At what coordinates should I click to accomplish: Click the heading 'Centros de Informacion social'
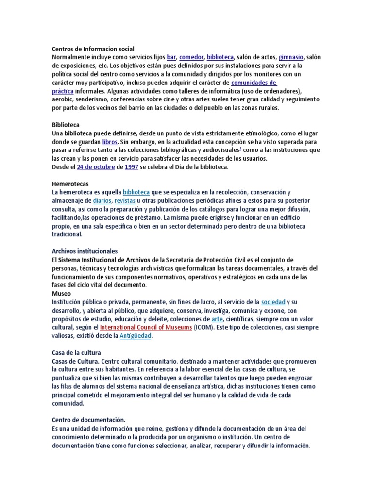click(x=93, y=49)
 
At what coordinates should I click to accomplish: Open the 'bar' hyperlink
click(x=171, y=57)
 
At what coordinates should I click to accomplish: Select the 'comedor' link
click(x=191, y=57)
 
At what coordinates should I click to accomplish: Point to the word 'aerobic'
click(x=63, y=99)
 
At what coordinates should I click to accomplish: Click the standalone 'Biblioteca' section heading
click(x=66, y=125)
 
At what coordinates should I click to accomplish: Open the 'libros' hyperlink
click(x=110, y=142)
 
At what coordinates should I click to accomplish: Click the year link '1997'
click(x=132, y=167)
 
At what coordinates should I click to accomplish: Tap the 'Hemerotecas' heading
click(x=70, y=184)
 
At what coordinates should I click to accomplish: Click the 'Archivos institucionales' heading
click(x=85, y=251)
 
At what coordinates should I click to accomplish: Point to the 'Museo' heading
click(x=61, y=294)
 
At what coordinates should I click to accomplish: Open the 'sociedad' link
click(x=273, y=302)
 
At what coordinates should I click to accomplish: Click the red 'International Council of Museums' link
click(x=146, y=327)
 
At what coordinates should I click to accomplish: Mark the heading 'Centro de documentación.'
click(x=88, y=420)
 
